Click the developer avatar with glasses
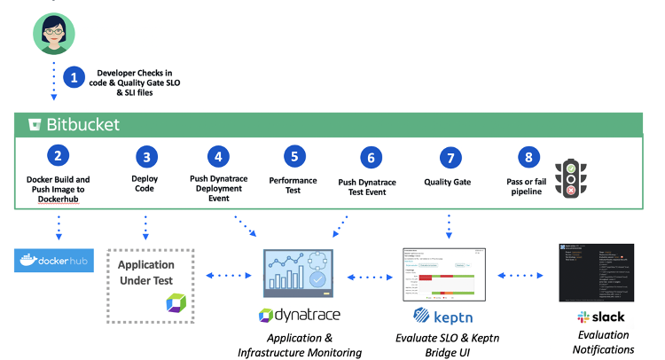[x=52, y=32]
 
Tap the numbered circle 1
[x=74, y=77]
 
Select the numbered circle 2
[x=58, y=156]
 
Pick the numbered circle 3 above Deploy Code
[x=146, y=156]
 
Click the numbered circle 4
[x=216, y=156]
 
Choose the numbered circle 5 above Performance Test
[x=293, y=156]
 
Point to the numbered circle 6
[x=370, y=158]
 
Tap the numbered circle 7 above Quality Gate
[x=451, y=158]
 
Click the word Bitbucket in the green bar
[x=84, y=124]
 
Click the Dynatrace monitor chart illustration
[x=297, y=273]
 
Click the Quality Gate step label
[x=451, y=183]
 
